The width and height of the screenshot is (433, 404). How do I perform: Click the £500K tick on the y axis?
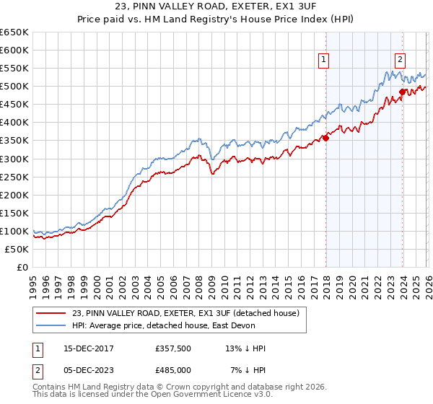pyautogui.click(x=14, y=87)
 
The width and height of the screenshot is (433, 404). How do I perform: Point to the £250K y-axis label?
pyautogui.click(x=14, y=177)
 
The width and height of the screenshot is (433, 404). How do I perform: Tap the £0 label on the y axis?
pyautogui.click(x=22, y=267)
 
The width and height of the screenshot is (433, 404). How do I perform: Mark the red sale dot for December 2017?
pyautogui.click(x=325, y=138)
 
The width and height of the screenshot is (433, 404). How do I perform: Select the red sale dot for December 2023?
pyautogui.click(x=402, y=92)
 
